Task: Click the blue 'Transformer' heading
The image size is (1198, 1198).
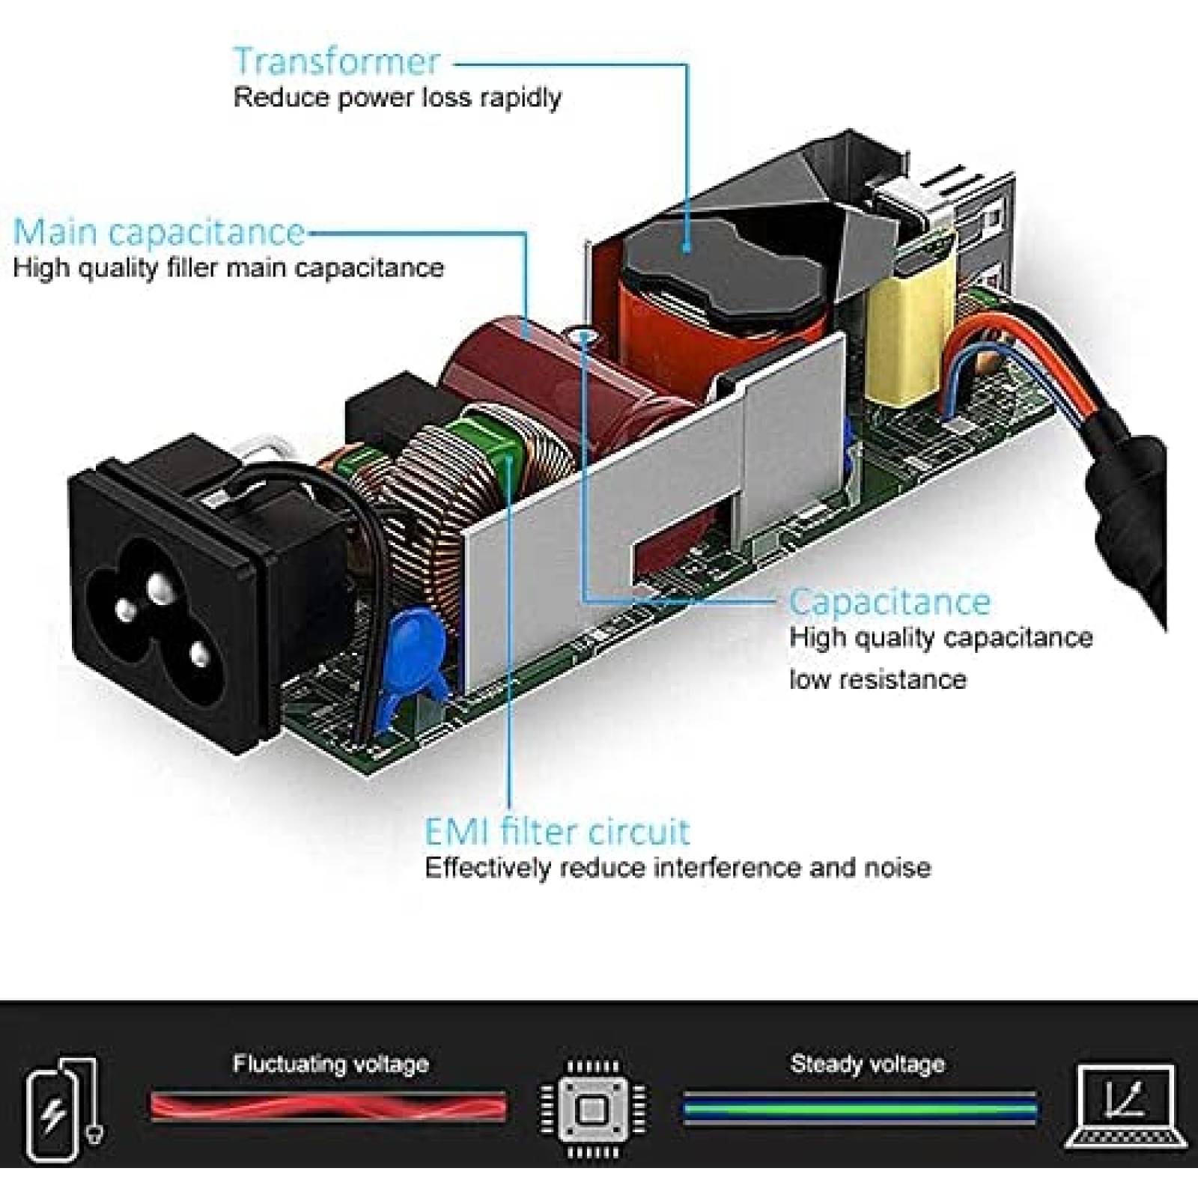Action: pyautogui.click(x=336, y=61)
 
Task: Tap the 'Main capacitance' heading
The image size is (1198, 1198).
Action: pyautogui.click(x=159, y=232)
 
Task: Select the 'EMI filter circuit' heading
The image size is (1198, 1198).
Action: pyautogui.click(x=557, y=832)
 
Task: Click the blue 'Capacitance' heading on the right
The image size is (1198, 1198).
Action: pyautogui.click(x=890, y=602)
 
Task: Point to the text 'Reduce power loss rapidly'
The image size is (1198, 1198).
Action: pyautogui.click(x=398, y=98)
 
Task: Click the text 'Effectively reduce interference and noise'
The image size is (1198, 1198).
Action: pyautogui.click(x=678, y=868)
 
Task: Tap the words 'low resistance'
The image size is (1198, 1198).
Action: pyautogui.click(x=878, y=680)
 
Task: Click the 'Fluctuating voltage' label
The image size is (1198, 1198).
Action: pyautogui.click(x=331, y=1064)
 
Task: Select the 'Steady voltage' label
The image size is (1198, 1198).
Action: pyautogui.click(x=868, y=1064)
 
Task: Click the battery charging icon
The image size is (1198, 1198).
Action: pyautogui.click(x=63, y=1108)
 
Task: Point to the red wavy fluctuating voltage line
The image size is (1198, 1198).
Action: pyautogui.click(x=329, y=1106)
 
